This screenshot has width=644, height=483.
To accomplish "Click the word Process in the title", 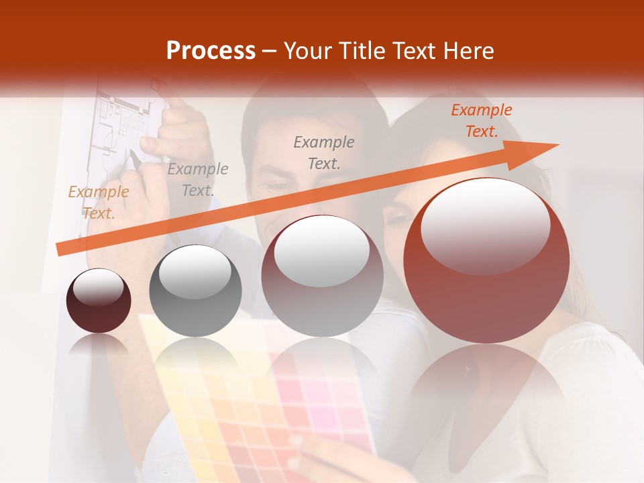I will tap(211, 51).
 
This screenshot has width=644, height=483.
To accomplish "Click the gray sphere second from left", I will tap(195, 291).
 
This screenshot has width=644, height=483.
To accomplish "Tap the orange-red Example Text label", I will tap(481, 121).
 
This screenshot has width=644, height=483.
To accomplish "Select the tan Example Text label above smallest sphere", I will tap(99, 203).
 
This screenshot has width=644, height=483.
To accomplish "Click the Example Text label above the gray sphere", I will tap(198, 179).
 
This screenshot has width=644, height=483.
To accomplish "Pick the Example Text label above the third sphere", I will tap(324, 152).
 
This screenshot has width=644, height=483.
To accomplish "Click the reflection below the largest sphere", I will tap(486, 389).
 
